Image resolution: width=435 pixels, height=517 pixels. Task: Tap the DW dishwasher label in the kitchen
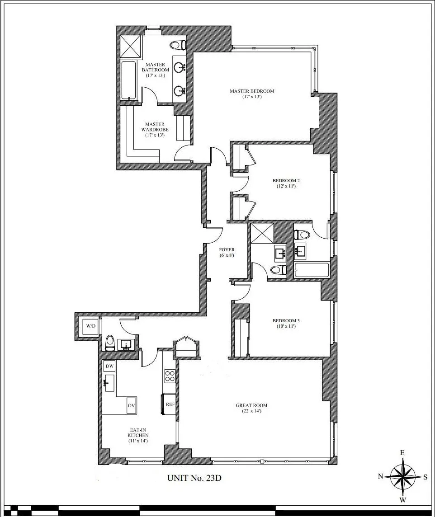[x=109, y=366]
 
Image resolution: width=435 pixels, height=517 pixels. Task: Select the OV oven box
[x=131, y=405]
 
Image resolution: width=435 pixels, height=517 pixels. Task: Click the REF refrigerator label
[x=170, y=404]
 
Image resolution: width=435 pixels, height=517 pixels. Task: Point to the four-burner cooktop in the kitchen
[x=170, y=376]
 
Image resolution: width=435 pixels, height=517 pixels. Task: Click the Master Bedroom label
[x=252, y=91]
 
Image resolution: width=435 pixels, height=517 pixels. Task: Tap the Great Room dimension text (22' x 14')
[x=249, y=411]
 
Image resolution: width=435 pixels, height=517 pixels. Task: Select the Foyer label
[x=227, y=249]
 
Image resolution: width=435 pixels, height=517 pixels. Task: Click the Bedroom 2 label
[x=286, y=180]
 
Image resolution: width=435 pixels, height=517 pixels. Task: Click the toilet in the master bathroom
[x=178, y=45]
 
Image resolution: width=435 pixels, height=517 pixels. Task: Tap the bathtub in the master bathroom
[x=128, y=81]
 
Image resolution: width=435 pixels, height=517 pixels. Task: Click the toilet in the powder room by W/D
[x=109, y=343]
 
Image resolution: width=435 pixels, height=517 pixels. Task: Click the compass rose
[x=402, y=476]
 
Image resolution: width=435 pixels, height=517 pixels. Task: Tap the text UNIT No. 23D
[x=194, y=478]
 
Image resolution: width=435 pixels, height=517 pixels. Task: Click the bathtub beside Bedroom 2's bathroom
[x=312, y=270]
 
